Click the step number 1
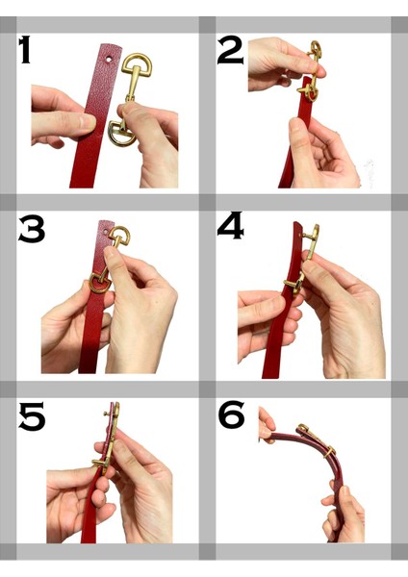point(26,50)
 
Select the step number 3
point(32,230)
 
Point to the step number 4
point(231,226)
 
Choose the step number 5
point(32,415)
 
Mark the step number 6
point(232,415)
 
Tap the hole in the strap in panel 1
point(108,59)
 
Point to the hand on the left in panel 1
point(58,115)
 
